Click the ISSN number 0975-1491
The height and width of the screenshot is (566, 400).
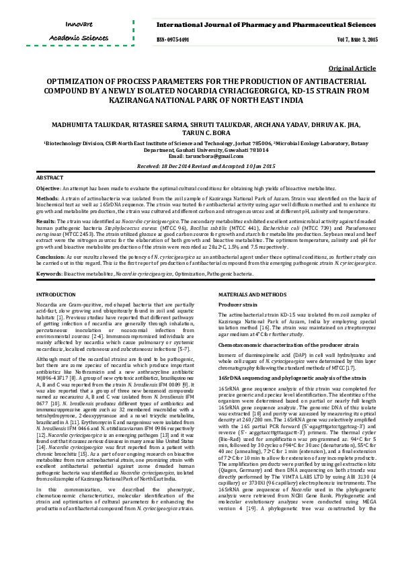pyautogui.click(x=173, y=40)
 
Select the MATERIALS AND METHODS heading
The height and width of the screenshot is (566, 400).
pyautogui.click(x=256, y=295)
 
